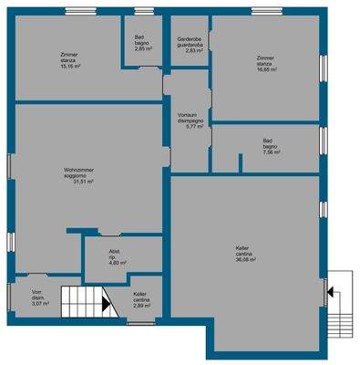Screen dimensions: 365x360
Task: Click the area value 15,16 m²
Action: coord(70,67)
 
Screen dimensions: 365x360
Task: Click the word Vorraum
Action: coord(189,114)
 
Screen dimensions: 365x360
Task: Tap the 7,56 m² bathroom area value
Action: coord(271,153)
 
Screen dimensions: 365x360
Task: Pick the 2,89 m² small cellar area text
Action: coord(141,307)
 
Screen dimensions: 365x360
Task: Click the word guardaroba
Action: coord(191,45)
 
